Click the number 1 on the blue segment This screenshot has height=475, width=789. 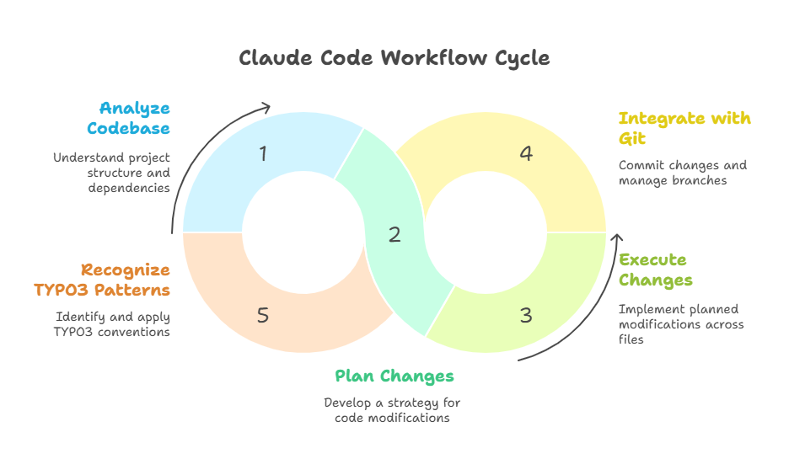[x=263, y=153]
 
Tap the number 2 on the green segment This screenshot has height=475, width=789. [x=394, y=235]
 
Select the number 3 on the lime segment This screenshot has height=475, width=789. [x=526, y=316]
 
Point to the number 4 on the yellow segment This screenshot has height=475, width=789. [x=526, y=153]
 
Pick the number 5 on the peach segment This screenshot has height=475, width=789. [x=263, y=316]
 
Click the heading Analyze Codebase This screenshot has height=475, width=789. [x=135, y=118]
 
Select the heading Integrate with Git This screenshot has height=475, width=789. [x=684, y=127]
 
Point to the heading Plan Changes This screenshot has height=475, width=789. [x=394, y=376]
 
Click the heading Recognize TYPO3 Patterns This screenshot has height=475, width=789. [x=102, y=280]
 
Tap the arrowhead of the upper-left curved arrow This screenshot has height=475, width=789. [x=266, y=106]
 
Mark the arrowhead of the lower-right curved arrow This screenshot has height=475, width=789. [x=616, y=226]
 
